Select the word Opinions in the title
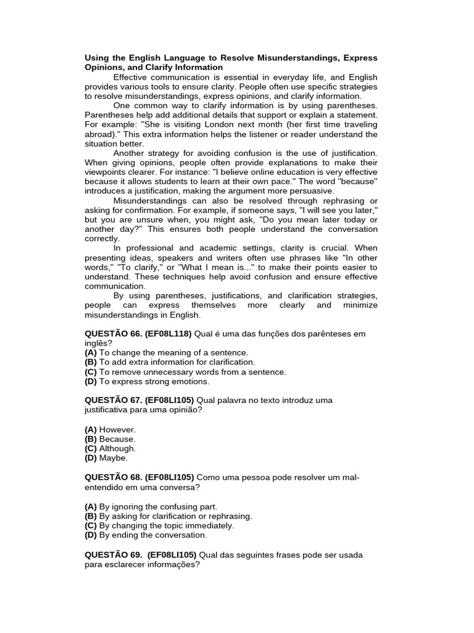(102, 67)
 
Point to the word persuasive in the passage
(311, 192)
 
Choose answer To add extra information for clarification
(177, 362)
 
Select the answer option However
(117, 430)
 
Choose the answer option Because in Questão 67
(117, 439)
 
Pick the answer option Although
(117, 449)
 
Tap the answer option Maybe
(114, 458)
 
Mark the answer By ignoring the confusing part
(158, 506)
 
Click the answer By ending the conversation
(153, 535)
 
